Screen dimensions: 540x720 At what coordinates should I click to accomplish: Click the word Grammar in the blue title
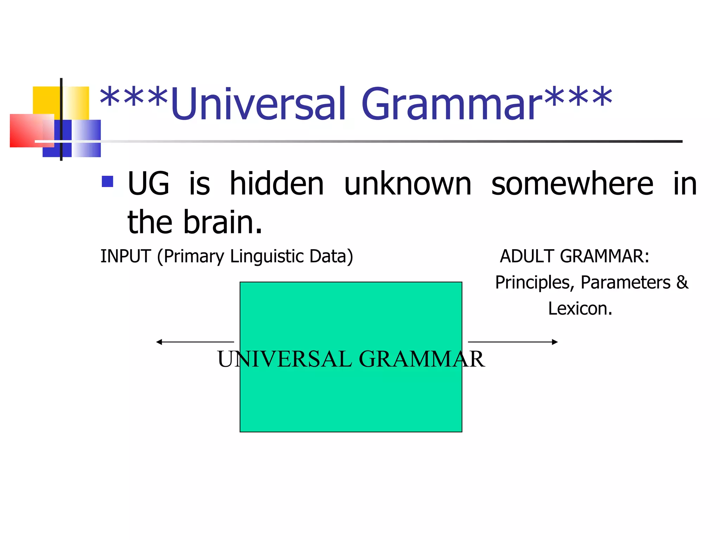coord(452,104)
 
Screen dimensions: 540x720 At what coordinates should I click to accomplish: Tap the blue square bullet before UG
coord(107,181)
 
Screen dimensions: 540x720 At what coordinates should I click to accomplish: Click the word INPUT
coord(126,256)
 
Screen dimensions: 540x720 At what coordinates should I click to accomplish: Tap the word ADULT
coord(527,256)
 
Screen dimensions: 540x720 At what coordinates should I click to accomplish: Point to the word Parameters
coord(625,283)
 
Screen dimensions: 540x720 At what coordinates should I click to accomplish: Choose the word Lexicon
coord(580,309)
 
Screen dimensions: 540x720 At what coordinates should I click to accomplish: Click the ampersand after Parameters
coord(682,282)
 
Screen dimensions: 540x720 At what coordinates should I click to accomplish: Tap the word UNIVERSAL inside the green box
coord(284,359)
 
